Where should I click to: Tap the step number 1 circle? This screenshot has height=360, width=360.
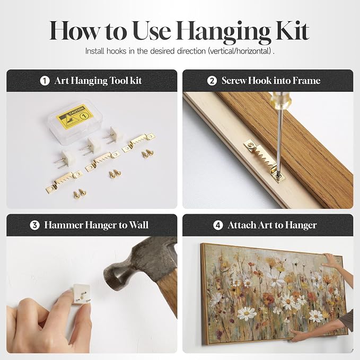coord(45,81)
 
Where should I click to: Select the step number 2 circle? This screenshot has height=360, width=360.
coord(212,81)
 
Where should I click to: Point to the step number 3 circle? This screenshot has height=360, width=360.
coord(34,225)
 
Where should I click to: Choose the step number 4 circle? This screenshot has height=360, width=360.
coord(218,225)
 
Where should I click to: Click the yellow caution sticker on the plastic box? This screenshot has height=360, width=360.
coord(75,117)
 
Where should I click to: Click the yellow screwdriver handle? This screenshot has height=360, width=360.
coord(279,99)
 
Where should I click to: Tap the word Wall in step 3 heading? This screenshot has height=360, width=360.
coord(138,225)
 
